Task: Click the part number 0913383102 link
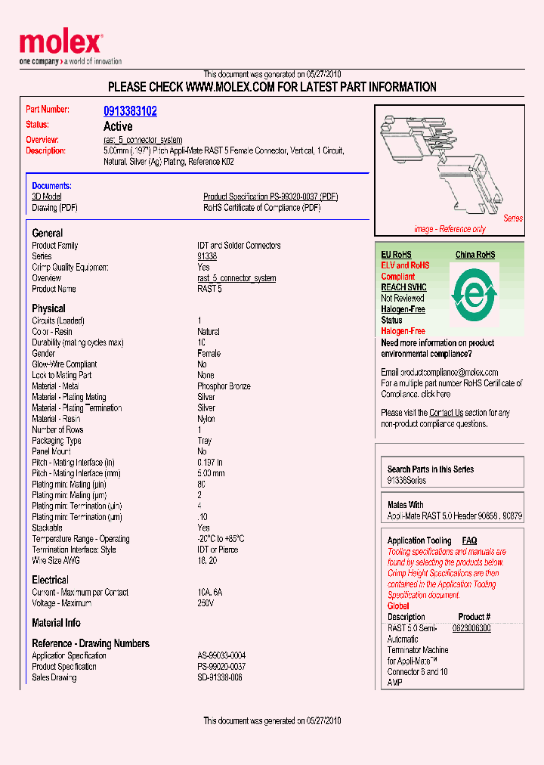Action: click(130, 111)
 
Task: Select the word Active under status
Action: click(118, 126)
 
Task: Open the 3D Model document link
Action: click(46, 197)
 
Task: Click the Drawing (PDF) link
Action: click(54, 208)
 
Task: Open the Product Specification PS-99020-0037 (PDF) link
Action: click(270, 197)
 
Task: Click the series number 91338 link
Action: click(207, 256)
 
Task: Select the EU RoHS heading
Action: click(396, 255)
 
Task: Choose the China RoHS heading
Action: click(475, 255)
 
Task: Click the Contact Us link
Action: click(446, 413)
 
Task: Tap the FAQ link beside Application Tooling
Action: click(469, 540)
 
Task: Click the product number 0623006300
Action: click(471, 628)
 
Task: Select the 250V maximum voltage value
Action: click(206, 603)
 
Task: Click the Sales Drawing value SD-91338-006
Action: click(220, 677)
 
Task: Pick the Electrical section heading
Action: click(50, 580)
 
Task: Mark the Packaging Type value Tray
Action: click(205, 441)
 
